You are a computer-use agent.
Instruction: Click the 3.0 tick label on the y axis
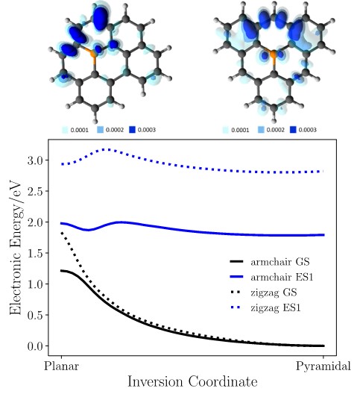pos(36,160)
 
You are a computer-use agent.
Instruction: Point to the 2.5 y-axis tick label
pos(36,191)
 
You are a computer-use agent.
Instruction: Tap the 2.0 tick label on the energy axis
pos(36,222)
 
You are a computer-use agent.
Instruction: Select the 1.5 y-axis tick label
pos(36,253)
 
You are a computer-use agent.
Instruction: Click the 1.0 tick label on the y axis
pos(36,284)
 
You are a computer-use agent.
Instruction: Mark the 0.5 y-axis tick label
pos(36,316)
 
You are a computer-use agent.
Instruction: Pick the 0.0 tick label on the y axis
pos(36,346)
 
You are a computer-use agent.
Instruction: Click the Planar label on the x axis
pos(61,366)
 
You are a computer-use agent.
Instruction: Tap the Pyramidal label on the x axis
pos(323,367)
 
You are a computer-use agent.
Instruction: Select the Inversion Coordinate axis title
pos(192,382)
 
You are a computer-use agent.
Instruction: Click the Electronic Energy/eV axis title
pos(16,247)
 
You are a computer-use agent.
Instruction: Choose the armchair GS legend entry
pos(270,262)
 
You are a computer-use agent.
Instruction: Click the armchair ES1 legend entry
pos(271,277)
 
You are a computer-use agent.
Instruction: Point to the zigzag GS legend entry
pos(263,293)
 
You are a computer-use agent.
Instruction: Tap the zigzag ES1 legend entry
pos(265,307)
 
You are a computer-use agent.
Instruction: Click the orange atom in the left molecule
pos(93,54)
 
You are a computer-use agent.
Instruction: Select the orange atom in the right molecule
pos(273,54)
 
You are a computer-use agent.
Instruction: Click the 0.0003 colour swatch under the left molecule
pos(133,130)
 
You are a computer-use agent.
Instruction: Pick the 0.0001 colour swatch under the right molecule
pos(226,130)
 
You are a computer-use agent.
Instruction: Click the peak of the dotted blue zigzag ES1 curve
pos(108,149)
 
